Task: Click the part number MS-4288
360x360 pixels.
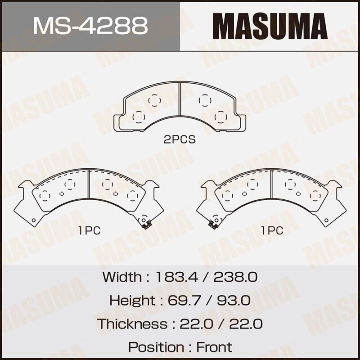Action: pos(90,26)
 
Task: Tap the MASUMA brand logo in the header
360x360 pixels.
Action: pos(270,26)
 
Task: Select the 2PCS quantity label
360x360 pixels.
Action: pos(180,139)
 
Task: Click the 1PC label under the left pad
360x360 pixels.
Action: pos(89,231)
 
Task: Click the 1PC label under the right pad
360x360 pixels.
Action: pos(272,231)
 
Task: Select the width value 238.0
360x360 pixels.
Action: pos(235,277)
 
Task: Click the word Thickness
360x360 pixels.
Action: pos(132,324)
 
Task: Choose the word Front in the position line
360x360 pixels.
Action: pos(214,347)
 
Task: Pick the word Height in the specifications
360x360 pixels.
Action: pos(130,300)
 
